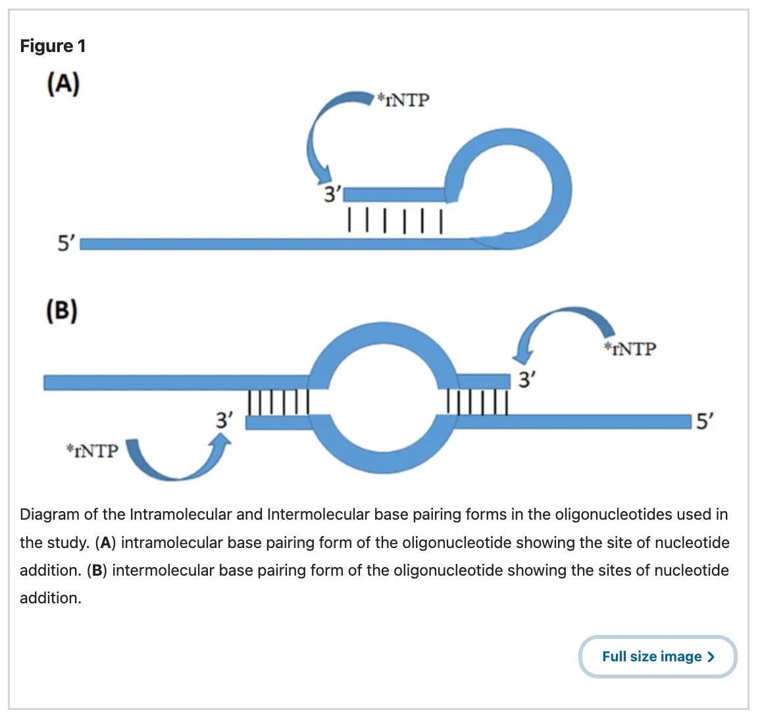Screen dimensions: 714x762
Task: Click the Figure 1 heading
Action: [x=53, y=46]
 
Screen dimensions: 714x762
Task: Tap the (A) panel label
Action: [x=63, y=85]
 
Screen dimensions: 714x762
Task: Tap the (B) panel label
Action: [x=62, y=310]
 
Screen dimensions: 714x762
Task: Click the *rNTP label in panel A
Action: [x=402, y=100]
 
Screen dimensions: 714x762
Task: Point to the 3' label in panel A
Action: [x=333, y=194]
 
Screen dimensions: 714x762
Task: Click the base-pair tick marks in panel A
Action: [x=394, y=219]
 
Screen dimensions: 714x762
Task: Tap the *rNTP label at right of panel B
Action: [x=630, y=348]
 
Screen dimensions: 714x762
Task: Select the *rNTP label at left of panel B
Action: [x=93, y=451]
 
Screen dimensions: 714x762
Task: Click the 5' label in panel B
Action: [x=705, y=421]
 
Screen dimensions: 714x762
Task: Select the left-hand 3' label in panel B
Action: [x=225, y=420]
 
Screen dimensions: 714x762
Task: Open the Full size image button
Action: [x=657, y=657]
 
